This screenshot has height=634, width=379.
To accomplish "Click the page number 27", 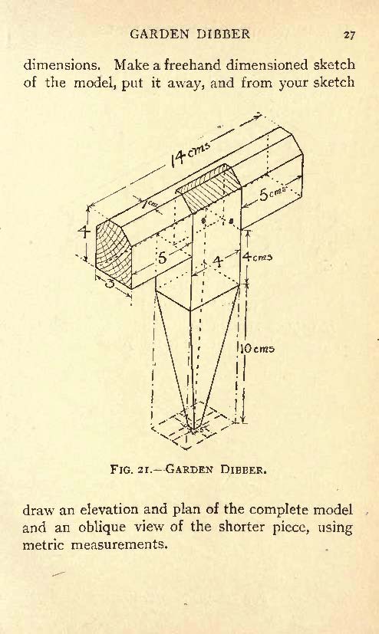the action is [x=349, y=34].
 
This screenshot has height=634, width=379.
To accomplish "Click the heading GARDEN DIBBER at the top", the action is [x=189, y=34].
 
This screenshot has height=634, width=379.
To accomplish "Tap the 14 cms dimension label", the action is [x=189, y=155].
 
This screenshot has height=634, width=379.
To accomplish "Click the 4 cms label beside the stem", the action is [x=257, y=256].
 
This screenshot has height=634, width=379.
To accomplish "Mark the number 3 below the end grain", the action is [x=109, y=283].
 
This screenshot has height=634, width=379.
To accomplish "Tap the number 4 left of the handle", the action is [x=84, y=232].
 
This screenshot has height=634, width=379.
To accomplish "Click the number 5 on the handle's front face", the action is [x=162, y=257].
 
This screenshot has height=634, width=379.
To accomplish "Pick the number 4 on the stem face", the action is [x=218, y=262].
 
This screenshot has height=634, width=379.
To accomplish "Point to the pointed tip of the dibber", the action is [x=193, y=430].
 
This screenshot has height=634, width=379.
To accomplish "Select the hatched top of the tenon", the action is [x=209, y=187].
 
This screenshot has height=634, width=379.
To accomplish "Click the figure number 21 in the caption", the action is [x=143, y=470].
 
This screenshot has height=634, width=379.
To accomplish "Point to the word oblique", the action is [x=103, y=527].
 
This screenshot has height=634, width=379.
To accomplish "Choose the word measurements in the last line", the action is [x=119, y=544].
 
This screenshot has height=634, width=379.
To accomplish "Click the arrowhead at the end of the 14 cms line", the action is [x=256, y=117].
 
